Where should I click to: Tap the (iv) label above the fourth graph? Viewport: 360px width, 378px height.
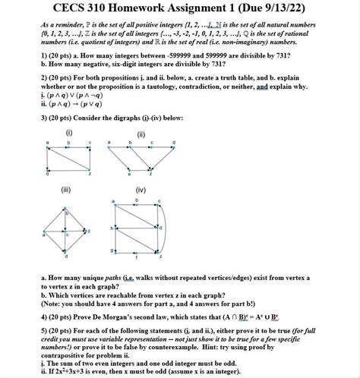141,189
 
